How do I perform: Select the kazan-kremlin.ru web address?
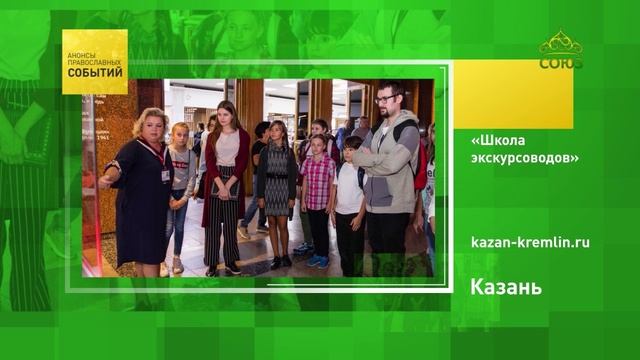530,241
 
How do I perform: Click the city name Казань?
506,288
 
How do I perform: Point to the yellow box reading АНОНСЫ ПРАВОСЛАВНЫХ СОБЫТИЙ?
95,62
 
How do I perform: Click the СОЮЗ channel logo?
561,50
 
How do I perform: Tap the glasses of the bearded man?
387,100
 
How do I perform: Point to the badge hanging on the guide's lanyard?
166,174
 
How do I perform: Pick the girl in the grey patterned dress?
277,180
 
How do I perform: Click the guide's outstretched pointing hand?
104,182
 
